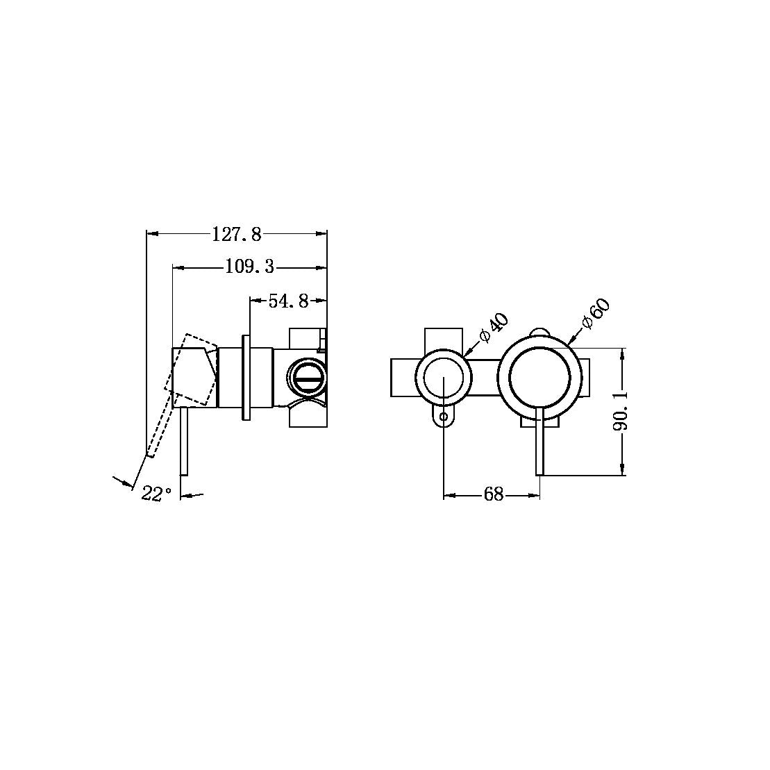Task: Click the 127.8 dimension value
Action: click(x=237, y=235)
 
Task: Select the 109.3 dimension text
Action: click(x=250, y=267)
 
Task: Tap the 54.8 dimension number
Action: click(x=288, y=301)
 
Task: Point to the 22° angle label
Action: click(x=156, y=494)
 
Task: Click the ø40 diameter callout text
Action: click(x=494, y=328)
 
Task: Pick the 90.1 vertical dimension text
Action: click(x=621, y=410)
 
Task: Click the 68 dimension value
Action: click(x=494, y=495)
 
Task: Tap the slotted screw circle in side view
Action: click(x=306, y=378)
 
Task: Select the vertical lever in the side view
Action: click(x=184, y=441)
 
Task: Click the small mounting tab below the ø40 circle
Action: click(x=444, y=416)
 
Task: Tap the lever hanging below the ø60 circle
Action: click(x=539, y=444)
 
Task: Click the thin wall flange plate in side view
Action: click(x=245, y=378)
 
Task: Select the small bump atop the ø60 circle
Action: click(x=539, y=332)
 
